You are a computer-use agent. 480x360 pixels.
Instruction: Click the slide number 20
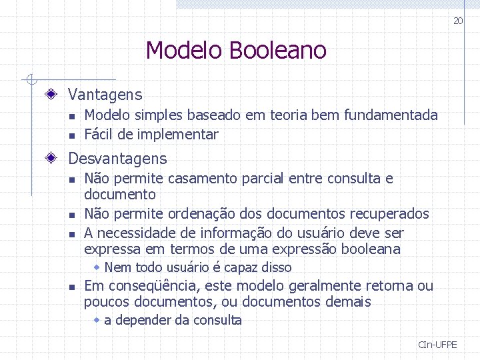click(458, 21)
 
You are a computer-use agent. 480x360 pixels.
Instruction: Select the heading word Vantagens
click(105, 95)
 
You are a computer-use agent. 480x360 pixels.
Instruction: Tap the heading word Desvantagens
click(117, 159)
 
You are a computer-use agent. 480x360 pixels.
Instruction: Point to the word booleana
click(371, 249)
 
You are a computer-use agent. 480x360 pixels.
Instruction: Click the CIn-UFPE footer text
click(438, 345)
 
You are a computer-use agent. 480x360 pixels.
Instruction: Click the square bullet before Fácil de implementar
click(72, 135)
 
